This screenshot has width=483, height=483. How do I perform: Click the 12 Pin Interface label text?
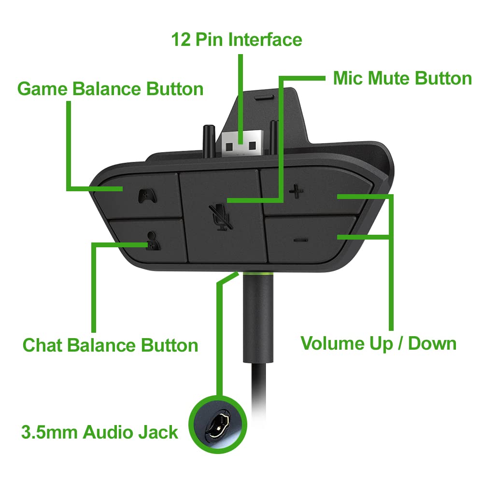[x=237, y=39]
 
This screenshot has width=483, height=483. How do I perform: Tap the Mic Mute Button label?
[x=402, y=78]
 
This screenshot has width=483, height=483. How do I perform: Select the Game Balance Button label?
[x=110, y=89]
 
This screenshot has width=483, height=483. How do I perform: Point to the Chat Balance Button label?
[x=111, y=345]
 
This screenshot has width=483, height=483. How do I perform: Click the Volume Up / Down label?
[x=378, y=343]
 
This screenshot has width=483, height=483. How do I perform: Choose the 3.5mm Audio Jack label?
[x=99, y=432]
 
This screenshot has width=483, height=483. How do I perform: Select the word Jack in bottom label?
[x=156, y=432]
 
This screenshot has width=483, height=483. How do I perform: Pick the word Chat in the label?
[x=43, y=345]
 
